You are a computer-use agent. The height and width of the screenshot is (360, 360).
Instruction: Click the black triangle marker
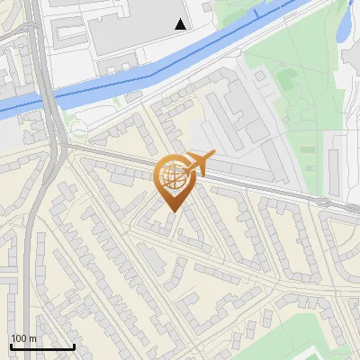coord(181,24)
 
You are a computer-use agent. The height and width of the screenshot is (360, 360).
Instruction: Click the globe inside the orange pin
coord(171,175)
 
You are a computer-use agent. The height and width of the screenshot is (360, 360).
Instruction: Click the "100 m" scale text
coord(23,338)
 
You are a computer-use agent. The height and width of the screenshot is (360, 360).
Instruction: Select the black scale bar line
coord(41,346)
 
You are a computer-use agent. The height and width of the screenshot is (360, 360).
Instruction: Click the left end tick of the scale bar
coord(10,346)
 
